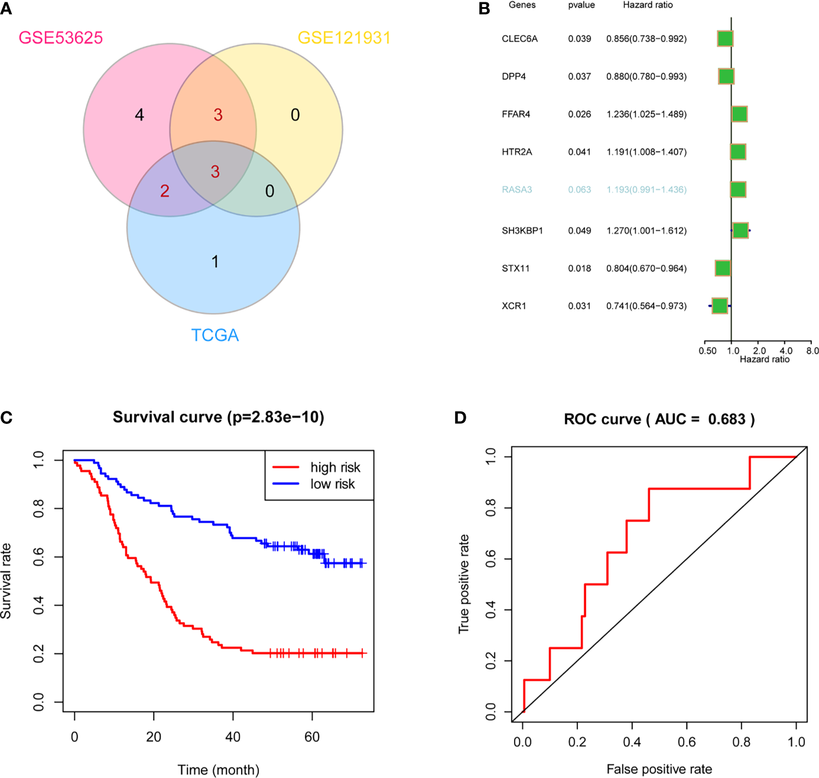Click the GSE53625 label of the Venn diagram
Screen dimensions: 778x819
point(61,38)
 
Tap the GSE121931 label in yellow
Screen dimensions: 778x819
point(344,38)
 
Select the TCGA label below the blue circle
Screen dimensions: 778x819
point(215,335)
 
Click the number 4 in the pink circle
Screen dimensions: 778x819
point(139,115)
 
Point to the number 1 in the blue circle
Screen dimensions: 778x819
point(215,261)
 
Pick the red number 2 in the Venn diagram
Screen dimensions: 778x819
point(165,191)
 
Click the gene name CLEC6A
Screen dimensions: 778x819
point(519,39)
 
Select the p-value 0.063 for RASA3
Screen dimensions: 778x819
point(579,190)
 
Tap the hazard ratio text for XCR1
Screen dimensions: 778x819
point(646,306)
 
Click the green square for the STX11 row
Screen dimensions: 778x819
point(723,268)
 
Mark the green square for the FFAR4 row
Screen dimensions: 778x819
point(740,114)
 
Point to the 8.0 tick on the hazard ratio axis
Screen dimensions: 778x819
point(812,351)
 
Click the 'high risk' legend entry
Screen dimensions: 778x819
point(335,468)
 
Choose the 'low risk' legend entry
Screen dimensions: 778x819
point(333,484)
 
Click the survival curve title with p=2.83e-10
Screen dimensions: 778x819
point(219,417)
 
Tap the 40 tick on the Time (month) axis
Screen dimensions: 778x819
point(233,737)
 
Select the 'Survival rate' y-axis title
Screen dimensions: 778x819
point(6,581)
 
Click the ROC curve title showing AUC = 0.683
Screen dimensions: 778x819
point(659,419)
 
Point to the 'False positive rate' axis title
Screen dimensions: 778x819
point(659,769)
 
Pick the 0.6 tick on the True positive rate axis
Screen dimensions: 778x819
point(490,559)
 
